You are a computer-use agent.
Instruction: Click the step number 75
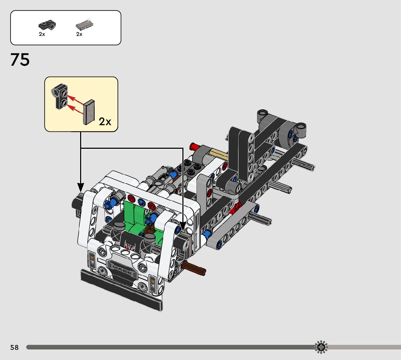(20, 60)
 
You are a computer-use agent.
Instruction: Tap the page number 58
(15, 347)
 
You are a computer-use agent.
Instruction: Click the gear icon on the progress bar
(321, 347)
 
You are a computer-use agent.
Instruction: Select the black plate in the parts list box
(47, 25)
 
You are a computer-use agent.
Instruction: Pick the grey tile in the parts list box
(84, 25)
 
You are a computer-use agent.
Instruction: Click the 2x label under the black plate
(42, 34)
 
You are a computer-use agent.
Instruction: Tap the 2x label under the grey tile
(79, 34)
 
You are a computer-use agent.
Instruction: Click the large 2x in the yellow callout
(105, 122)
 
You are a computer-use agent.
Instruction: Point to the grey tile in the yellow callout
(89, 112)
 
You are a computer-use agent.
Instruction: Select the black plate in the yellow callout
(60, 96)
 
